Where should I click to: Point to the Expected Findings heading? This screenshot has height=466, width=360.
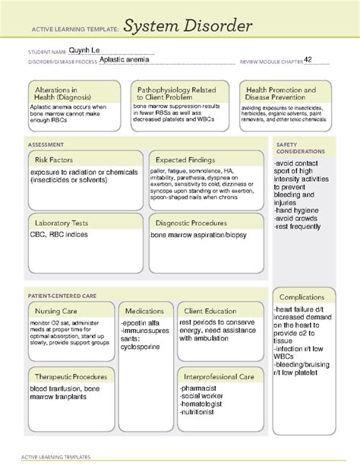click(x=185, y=160)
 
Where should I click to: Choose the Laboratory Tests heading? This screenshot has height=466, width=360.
click(x=62, y=223)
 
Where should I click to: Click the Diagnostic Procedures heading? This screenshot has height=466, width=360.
click(x=191, y=223)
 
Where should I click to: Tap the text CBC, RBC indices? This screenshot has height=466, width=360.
click(x=60, y=236)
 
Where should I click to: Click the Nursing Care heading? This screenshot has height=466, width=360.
click(x=57, y=311)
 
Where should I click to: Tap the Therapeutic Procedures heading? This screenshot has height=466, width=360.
click(x=70, y=376)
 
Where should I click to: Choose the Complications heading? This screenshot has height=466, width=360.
click(x=302, y=296)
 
